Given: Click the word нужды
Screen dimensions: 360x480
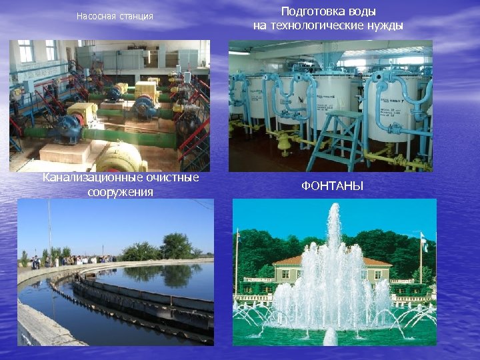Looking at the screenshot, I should click(x=385, y=26).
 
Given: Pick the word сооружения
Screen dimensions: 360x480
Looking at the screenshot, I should click(x=120, y=192).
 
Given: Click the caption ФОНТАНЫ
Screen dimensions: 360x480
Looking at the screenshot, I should click(x=332, y=186).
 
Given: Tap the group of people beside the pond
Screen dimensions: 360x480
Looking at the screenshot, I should click(x=73, y=259).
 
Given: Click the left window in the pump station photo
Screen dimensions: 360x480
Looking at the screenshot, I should click(x=26, y=51).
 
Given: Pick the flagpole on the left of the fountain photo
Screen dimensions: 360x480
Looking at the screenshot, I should click(x=237, y=267).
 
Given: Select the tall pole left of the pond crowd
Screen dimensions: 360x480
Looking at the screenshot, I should click(x=49, y=230).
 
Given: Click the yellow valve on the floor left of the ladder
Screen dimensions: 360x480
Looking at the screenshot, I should click(x=284, y=141).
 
